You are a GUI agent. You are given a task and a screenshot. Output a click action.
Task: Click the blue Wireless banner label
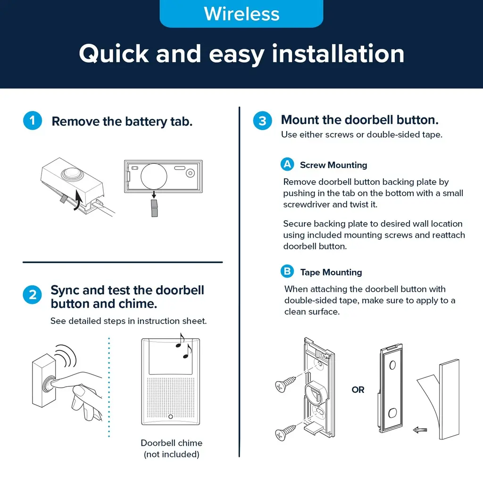241,14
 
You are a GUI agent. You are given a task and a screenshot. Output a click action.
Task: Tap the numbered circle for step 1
33,120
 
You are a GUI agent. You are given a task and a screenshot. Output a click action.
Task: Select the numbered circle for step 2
33,295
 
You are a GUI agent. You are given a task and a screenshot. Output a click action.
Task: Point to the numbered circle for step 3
262,120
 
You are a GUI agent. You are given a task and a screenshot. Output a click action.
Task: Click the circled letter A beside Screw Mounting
287,164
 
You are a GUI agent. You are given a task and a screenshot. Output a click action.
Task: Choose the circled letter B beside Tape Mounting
287,271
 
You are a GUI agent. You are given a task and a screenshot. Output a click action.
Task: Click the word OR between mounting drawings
358,390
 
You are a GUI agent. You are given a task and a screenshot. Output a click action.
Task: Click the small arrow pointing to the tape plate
420,430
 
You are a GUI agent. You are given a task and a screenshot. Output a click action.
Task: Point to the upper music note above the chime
180,340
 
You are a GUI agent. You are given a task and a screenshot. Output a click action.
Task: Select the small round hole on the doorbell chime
171,416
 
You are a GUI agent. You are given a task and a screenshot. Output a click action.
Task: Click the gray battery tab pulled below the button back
154,208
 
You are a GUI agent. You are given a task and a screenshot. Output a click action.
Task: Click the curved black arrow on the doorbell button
78,200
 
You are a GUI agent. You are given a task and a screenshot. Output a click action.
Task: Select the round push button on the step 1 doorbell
72,173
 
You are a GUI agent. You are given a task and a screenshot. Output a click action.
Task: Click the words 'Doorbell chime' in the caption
172,443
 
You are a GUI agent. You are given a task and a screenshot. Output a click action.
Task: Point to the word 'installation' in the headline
338,54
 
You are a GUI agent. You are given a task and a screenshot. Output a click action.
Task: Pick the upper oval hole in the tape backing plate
392,366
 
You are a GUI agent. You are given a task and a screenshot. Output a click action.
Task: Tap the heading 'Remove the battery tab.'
122,121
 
